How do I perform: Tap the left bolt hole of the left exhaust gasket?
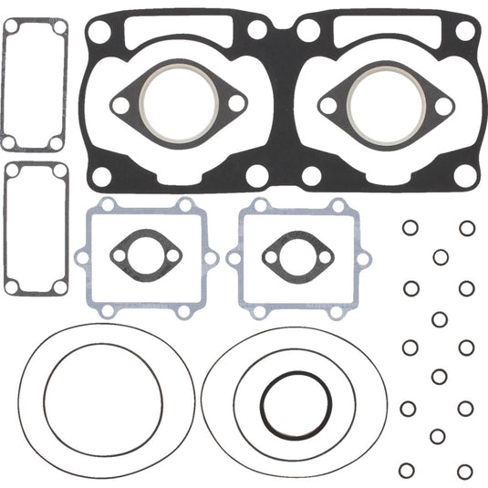click(x=119, y=106)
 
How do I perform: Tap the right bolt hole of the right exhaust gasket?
click(x=444, y=106)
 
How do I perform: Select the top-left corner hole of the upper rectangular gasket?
click(x=12, y=29)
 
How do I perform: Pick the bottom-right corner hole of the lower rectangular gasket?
click(x=60, y=286)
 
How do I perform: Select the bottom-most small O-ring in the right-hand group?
click(x=466, y=470)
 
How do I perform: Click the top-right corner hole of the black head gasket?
click(x=464, y=32)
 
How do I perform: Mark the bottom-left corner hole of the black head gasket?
click(x=101, y=174)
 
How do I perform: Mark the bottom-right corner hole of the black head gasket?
click(x=464, y=174)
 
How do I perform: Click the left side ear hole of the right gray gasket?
click(x=233, y=258)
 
